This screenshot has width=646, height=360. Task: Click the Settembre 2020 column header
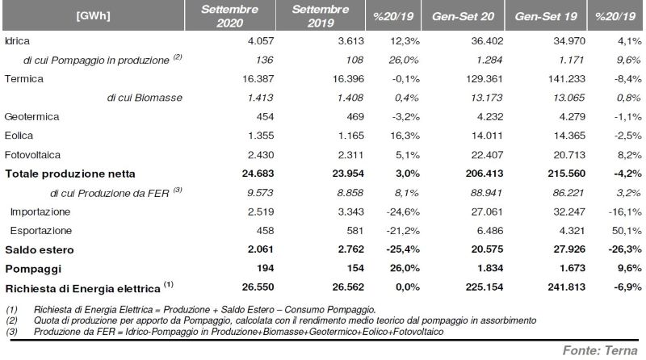[229, 15]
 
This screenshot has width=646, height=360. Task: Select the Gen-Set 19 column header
[546, 16]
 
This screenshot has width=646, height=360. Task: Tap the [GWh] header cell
[93, 15]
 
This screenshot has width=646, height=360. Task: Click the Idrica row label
[17, 41]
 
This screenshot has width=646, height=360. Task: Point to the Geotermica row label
[31, 116]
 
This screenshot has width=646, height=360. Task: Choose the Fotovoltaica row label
[32, 155]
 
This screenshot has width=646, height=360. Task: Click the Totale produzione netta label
[70, 174]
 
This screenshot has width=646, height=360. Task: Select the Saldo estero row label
[40, 249]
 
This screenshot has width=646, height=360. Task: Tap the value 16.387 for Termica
[258, 78]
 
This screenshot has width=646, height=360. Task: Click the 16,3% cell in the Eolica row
[405, 136]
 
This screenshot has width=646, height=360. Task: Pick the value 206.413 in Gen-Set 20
[484, 174]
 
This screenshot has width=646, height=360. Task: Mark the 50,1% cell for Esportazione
[627, 230]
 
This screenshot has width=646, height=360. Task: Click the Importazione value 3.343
[348, 211]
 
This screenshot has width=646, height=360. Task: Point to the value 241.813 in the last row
[567, 287]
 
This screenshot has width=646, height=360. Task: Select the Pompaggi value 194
[265, 268]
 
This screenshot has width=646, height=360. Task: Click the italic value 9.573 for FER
[260, 193]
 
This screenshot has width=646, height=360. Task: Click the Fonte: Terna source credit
[600, 350]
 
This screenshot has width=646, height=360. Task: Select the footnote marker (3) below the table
[11, 332]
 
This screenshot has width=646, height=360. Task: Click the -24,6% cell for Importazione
[403, 211]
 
